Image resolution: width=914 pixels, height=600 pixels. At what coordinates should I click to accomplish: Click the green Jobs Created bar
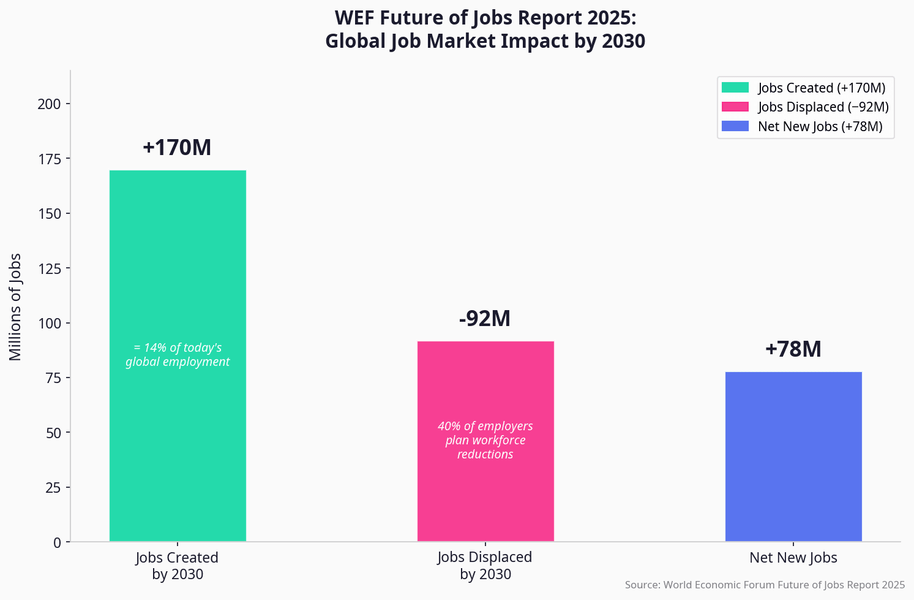click(x=178, y=257)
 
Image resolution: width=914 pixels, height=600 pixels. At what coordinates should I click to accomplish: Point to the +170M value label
click(x=177, y=148)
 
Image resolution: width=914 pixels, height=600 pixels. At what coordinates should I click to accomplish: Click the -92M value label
click(x=485, y=319)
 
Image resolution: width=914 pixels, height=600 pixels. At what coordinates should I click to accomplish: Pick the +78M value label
click(x=793, y=349)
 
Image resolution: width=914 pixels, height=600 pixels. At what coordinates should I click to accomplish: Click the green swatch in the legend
click(x=735, y=88)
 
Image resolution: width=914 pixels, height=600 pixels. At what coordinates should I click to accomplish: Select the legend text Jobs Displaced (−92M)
click(x=823, y=107)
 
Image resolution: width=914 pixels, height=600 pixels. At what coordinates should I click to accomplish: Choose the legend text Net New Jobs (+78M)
click(x=820, y=127)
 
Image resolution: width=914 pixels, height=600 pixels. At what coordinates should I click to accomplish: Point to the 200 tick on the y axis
click(x=49, y=104)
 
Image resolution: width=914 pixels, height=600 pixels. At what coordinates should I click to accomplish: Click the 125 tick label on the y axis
click(x=49, y=268)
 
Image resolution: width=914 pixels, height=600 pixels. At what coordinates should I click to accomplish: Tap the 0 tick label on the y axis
click(x=57, y=542)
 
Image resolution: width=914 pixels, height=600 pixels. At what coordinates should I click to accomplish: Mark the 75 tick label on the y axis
click(x=53, y=378)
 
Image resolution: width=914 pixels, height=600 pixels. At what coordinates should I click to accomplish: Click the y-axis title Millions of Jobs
click(x=15, y=306)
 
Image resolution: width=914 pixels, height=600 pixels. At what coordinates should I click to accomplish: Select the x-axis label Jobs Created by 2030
click(x=177, y=566)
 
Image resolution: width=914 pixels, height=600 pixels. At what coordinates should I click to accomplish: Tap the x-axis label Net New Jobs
click(x=793, y=558)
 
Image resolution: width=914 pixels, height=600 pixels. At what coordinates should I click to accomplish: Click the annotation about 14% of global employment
click(x=178, y=355)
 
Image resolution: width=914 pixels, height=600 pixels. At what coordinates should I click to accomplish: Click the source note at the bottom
click(x=765, y=585)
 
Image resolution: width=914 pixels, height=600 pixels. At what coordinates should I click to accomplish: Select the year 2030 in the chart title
click(x=623, y=41)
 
